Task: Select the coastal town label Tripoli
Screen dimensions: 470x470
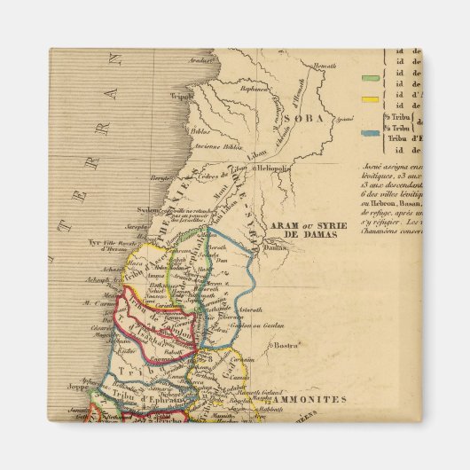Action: [x=182, y=98]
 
